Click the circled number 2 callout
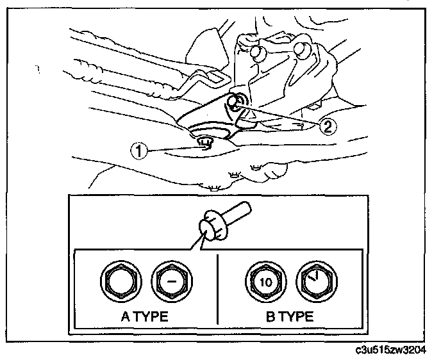coord(327,126)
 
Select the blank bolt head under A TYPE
coord(117,282)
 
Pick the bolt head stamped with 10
coord(262,282)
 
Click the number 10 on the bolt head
coord(262,282)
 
